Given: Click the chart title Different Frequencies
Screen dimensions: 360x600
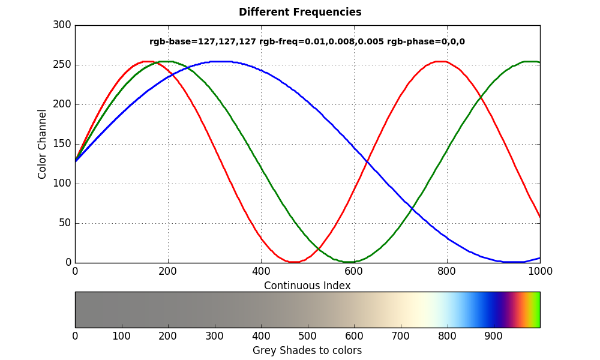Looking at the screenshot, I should pos(300,12).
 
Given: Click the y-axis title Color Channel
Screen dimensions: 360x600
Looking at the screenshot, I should pos(43,144).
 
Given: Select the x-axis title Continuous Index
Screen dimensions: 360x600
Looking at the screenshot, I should pos(307,286).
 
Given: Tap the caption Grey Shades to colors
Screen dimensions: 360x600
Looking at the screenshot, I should pos(307,350).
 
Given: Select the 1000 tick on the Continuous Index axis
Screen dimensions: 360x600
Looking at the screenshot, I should pos(540,271).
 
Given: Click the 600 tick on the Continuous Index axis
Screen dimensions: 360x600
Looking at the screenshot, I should pos(354,271).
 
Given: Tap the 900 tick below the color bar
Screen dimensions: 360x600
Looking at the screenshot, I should pos(494,335).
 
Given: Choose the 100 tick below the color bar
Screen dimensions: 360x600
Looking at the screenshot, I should pos(122,335).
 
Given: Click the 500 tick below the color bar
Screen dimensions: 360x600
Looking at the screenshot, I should pos(308,335).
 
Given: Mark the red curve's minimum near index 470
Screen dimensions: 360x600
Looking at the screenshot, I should pos(293,262).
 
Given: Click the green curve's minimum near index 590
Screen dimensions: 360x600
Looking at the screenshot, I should pos(349,262).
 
